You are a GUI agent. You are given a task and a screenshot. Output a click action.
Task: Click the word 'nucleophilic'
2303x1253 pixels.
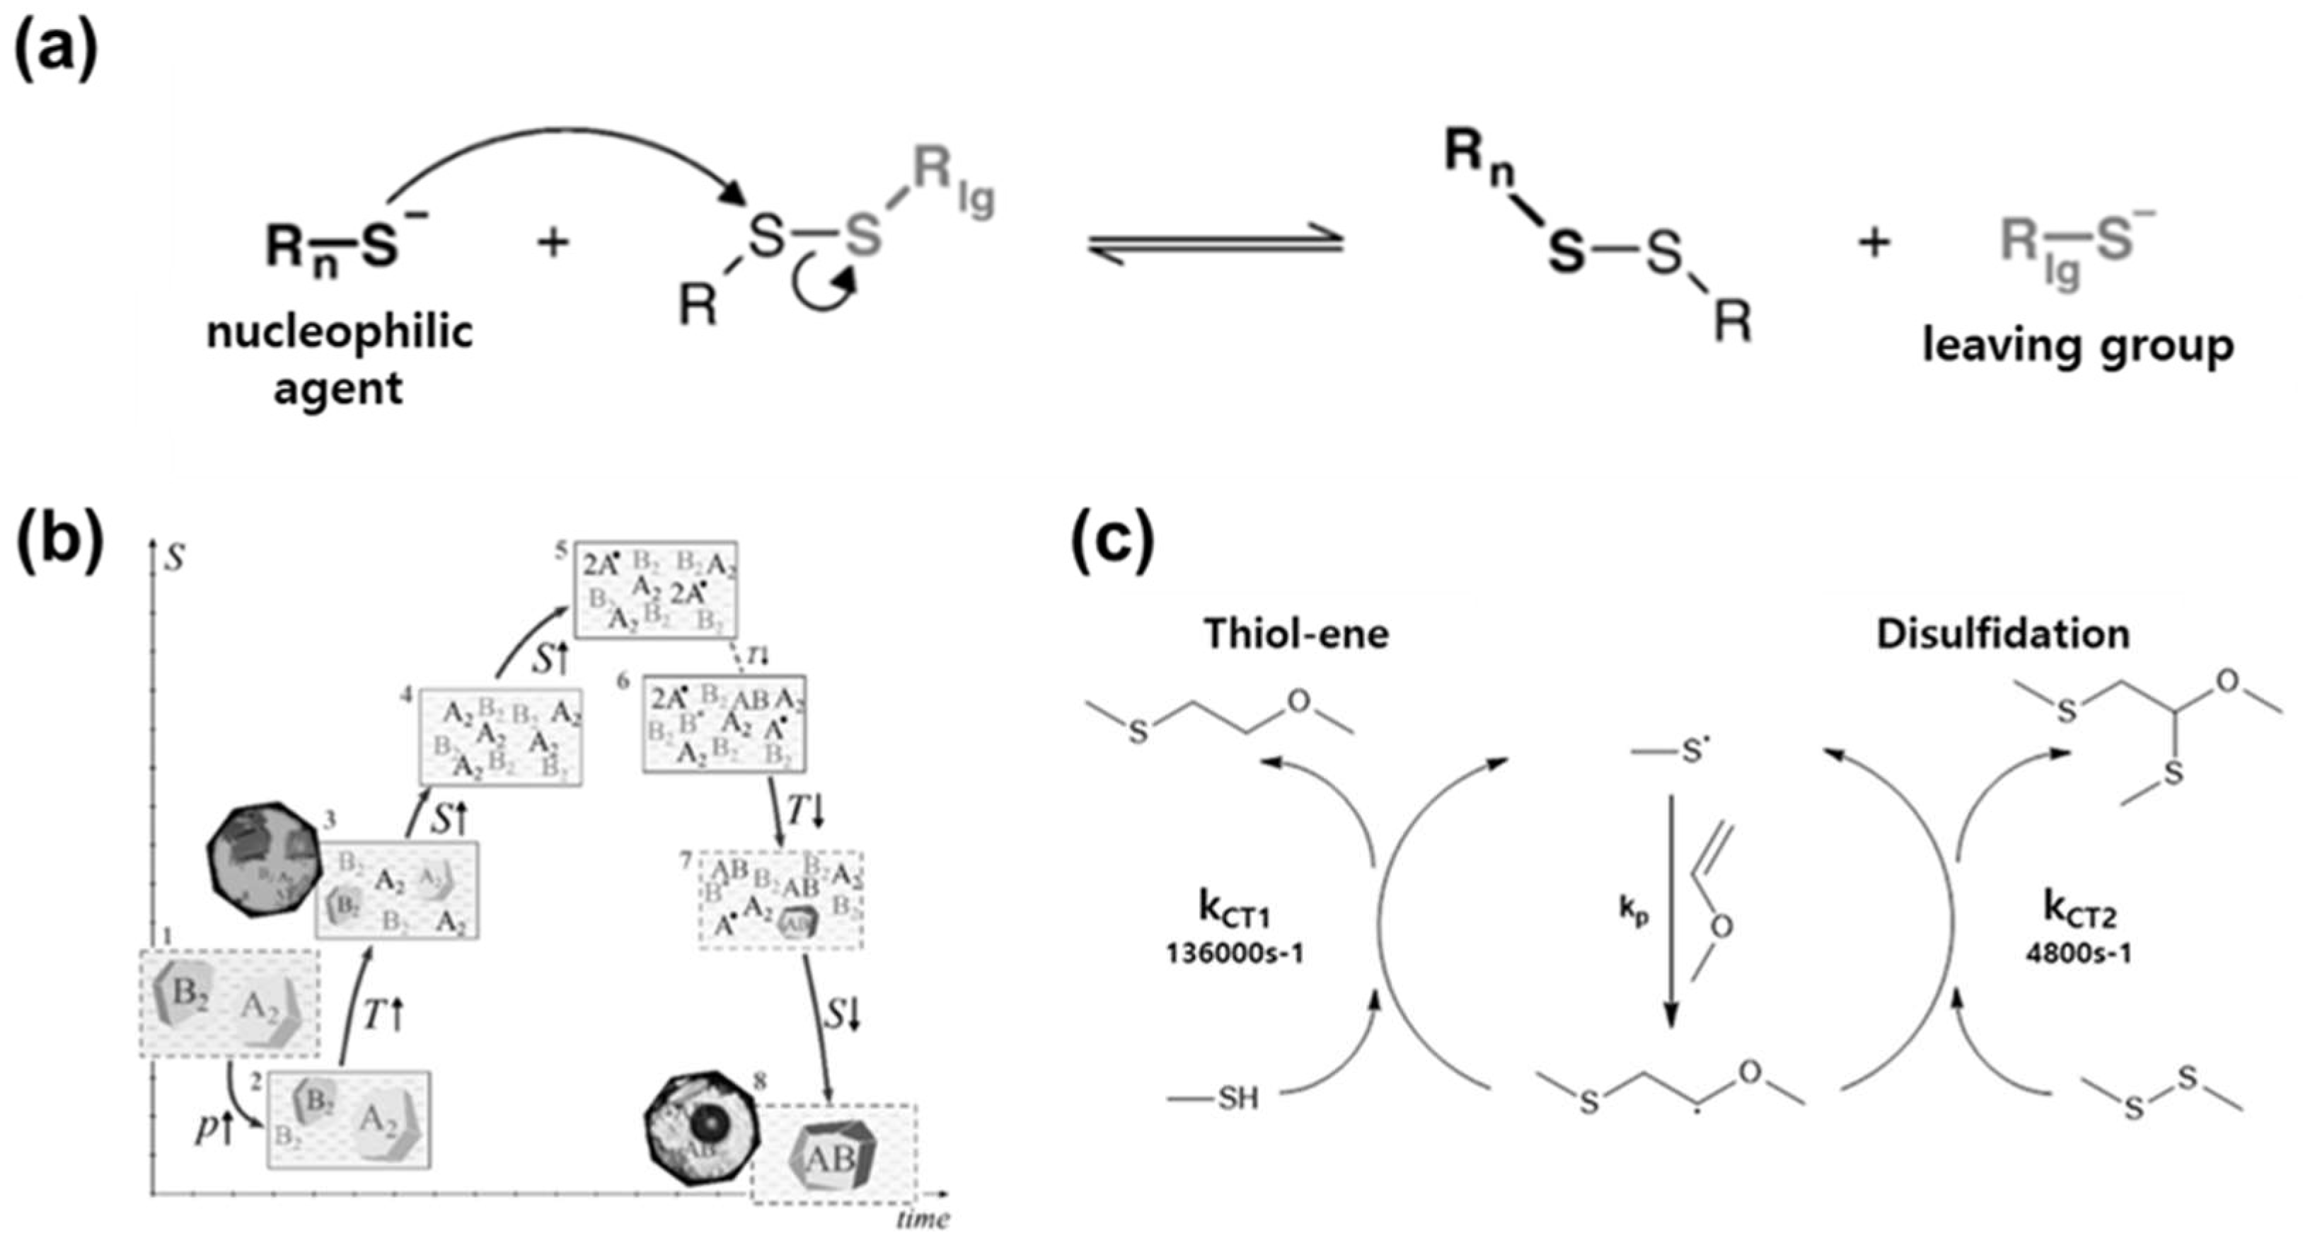pos(340,332)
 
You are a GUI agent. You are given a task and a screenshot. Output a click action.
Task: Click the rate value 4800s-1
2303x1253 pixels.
pos(2078,954)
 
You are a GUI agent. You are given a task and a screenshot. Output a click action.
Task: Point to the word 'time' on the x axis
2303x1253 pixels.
pos(923,1219)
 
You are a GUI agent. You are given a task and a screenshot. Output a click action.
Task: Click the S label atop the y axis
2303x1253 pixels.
pos(176,559)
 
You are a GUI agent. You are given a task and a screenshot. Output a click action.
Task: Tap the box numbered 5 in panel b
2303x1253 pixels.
pos(655,590)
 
